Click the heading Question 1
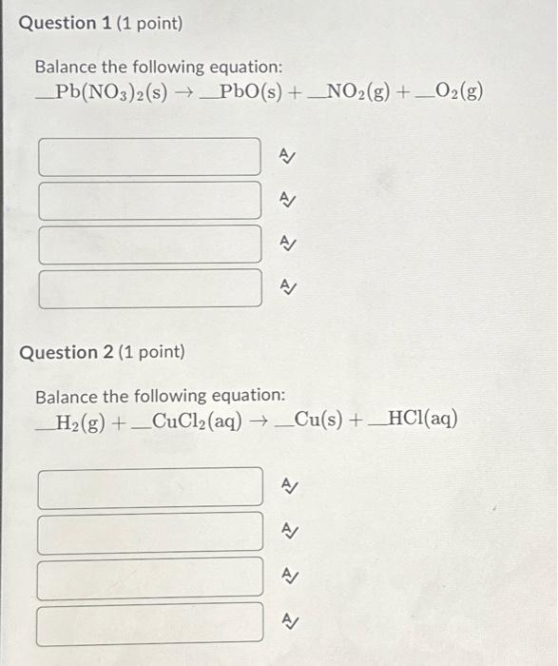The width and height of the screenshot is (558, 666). coord(100,23)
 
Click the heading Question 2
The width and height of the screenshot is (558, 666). coord(103,352)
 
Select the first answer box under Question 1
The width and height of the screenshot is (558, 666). coord(149,157)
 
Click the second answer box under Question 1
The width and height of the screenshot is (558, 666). coord(149,201)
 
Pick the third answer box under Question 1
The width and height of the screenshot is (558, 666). coord(149,245)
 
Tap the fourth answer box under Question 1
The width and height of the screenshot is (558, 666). coord(149,288)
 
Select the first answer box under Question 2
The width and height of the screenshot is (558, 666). coord(149,486)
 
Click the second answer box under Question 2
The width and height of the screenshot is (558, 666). coord(149,532)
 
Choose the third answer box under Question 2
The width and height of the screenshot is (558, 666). coord(149,578)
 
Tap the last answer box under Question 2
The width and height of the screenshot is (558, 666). coord(149,623)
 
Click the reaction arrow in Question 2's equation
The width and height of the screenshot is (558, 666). coord(259,420)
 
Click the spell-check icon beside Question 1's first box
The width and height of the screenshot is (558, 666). coord(285,156)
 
